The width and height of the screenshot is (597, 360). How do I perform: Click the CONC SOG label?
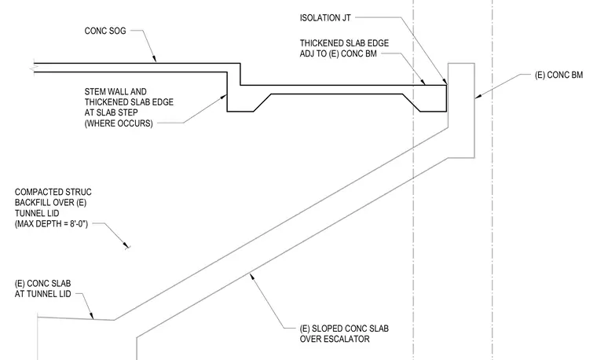click(x=105, y=31)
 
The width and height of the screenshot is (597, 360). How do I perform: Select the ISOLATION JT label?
click(x=325, y=18)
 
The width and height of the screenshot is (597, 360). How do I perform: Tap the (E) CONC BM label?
click(x=559, y=75)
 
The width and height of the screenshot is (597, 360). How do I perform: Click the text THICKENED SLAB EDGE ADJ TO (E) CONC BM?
click(x=344, y=49)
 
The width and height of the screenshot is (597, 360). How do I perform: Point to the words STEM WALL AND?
click(x=115, y=92)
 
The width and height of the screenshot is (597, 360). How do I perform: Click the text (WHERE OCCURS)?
click(x=119, y=123)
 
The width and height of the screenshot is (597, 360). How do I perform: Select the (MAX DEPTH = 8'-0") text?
click(x=51, y=224)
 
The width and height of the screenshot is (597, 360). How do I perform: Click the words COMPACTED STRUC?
click(x=53, y=192)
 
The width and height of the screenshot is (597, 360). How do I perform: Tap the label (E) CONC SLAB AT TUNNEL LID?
click(x=42, y=288)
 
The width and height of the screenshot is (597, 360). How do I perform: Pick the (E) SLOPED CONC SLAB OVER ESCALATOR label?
click(x=344, y=334)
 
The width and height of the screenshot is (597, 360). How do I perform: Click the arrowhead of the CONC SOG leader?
click(x=154, y=59)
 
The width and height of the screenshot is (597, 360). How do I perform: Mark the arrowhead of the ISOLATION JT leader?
click(x=445, y=81)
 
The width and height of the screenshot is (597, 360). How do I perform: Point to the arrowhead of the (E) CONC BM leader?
click(x=478, y=96)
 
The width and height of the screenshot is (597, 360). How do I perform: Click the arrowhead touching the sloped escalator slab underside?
click(x=251, y=277)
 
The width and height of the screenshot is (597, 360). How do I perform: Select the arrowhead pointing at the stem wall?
click(x=224, y=97)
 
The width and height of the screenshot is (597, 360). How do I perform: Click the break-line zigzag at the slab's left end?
click(x=32, y=68)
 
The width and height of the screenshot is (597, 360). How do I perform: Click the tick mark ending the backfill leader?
click(x=127, y=247)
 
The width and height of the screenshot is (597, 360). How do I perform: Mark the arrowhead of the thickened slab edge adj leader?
click(x=423, y=82)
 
